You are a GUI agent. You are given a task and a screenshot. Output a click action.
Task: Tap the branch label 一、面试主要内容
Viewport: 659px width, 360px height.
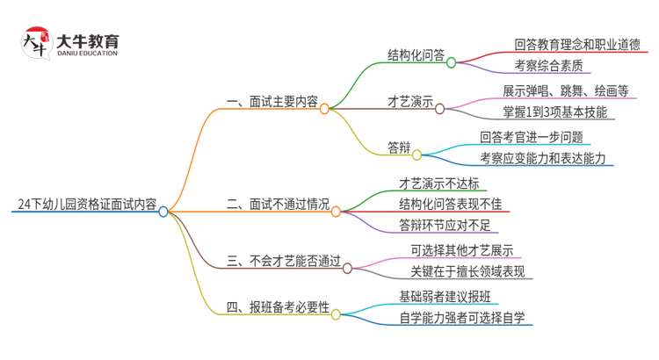coord(272,102)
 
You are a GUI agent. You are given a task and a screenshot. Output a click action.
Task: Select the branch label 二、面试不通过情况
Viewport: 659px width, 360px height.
coord(278,205)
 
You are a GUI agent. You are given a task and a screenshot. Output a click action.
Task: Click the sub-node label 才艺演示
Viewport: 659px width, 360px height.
coord(410,102)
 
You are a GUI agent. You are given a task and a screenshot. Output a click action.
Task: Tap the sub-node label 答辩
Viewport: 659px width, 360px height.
coord(399,147)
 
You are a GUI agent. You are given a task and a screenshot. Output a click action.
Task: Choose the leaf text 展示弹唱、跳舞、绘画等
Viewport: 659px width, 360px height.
coord(565,90)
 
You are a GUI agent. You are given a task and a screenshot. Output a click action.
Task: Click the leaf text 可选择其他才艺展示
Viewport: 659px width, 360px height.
coord(461,249)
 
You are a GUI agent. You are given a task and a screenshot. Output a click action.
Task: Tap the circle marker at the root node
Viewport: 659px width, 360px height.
coord(163,211)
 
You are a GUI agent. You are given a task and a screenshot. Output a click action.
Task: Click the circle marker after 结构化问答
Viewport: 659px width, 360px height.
coord(451,62)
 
